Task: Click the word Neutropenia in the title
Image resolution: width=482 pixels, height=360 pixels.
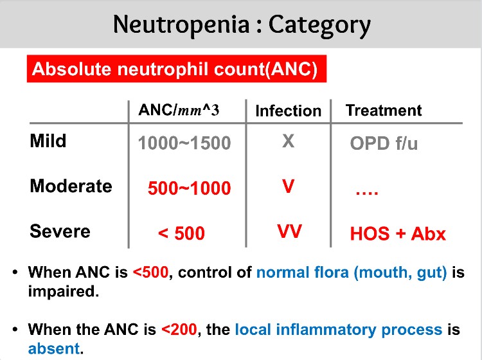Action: pyautogui.click(x=181, y=24)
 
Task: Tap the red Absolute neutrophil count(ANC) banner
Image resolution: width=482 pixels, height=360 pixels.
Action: pyautogui.click(x=177, y=69)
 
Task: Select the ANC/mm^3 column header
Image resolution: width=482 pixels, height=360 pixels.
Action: pyautogui.click(x=179, y=110)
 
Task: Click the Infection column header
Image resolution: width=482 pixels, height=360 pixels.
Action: pyautogui.click(x=288, y=111)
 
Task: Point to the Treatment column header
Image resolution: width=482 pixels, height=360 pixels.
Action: pyautogui.click(x=384, y=110)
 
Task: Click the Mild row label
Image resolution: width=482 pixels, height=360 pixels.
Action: pyautogui.click(x=48, y=141)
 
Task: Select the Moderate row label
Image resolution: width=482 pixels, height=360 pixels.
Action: pyautogui.click(x=71, y=186)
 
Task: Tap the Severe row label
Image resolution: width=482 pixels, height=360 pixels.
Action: pyautogui.click(x=60, y=231)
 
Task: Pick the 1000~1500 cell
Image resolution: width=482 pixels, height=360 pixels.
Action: pyautogui.click(x=184, y=143)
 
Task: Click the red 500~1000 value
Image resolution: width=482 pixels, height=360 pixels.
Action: pyautogui.click(x=190, y=188)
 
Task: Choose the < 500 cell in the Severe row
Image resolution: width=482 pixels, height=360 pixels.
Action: pyautogui.click(x=181, y=233)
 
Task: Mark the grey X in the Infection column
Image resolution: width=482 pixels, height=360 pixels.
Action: pyautogui.click(x=289, y=141)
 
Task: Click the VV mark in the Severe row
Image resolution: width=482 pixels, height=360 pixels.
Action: pyautogui.click(x=290, y=231)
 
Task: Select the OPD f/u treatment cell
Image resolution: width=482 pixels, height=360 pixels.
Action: pyautogui.click(x=384, y=143)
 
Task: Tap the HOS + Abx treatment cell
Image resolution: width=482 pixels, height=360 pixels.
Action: pyautogui.click(x=398, y=233)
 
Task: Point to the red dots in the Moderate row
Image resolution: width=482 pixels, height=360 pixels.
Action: pyautogui.click(x=367, y=193)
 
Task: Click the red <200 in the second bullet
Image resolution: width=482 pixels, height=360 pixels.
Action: pyautogui.click(x=179, y=329)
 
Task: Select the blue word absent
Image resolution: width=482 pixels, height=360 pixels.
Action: pyautogui.click(x=54, y=348)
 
